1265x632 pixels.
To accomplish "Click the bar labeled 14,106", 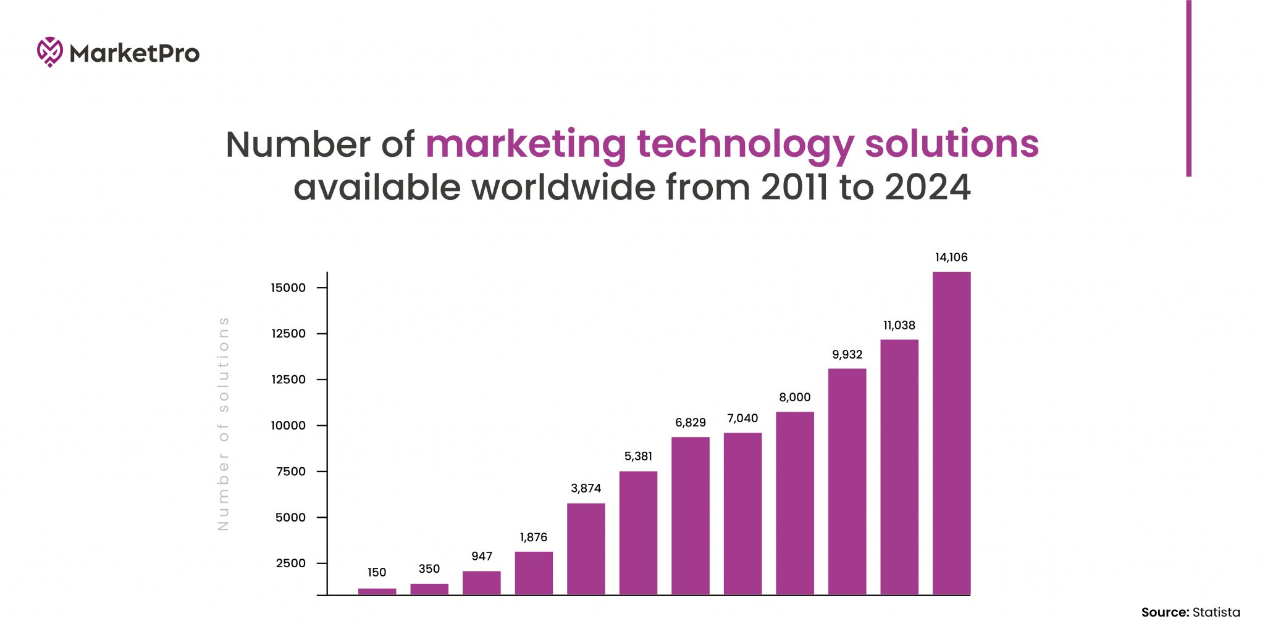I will [951, 433].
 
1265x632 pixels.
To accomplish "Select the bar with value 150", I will [377, 591].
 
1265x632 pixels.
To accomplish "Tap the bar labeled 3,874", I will [586, 549].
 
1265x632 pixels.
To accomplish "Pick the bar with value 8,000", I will [794, 503].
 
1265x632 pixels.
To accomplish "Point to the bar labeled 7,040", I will [742, 513].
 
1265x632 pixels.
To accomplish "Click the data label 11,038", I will [899, 325].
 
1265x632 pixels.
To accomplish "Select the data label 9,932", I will [847, 354].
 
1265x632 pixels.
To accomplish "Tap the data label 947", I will [481, 556].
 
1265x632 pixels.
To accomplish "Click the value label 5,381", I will [638, 456].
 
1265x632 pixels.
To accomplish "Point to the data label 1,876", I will [533, 537].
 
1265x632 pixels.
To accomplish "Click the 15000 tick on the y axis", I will [288, 288].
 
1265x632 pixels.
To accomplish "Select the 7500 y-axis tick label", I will [290, 472].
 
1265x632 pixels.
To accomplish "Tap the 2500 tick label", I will [290, 563].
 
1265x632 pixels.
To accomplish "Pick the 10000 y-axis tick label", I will [288, 425].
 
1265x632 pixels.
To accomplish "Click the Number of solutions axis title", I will [224, 423].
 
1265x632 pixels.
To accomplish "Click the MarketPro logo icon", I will [49, 52].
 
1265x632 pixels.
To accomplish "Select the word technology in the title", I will [745, 144].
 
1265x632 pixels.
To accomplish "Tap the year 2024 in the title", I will [927, 187].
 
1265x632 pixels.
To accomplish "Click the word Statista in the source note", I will [1216, 612].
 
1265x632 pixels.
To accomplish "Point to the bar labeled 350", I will [429, 589].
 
